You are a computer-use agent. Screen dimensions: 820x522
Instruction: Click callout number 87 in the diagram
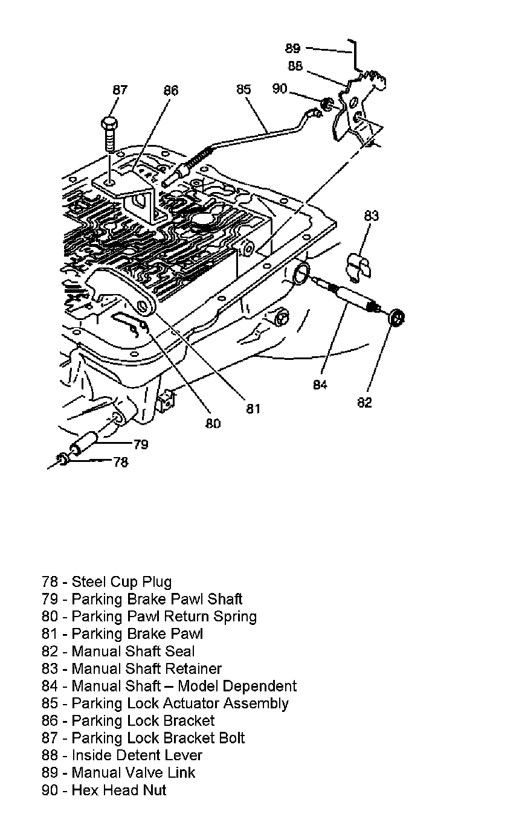click(x=120, y=90)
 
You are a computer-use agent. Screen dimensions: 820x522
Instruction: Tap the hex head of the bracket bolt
click(x=110, y=124)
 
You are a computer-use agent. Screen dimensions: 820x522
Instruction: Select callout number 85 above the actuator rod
click(x=243, y=89)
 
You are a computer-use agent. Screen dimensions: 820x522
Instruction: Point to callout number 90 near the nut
click(x=280, y=89)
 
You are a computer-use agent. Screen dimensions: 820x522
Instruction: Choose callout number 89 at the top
click(x=292, y=49)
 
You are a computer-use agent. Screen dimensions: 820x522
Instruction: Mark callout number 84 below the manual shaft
click(x=320, y=385)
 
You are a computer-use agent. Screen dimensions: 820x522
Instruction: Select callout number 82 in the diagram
click(x=364, y=402)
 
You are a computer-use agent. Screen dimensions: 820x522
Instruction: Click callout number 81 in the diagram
click(x=253, y=409)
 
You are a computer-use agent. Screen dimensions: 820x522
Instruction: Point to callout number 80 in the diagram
click(x=213, y=423)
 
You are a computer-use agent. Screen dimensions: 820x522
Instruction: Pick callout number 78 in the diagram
click(x=121, y=463)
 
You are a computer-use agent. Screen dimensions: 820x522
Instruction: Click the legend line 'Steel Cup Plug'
click(x=107, y=582)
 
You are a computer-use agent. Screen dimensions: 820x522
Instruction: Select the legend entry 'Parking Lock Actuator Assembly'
click(x=165, y=703)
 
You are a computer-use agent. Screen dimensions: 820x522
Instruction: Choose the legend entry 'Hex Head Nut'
click(x=104, y=790)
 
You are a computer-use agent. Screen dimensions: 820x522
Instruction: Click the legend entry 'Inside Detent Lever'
click(x=122, y=755)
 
